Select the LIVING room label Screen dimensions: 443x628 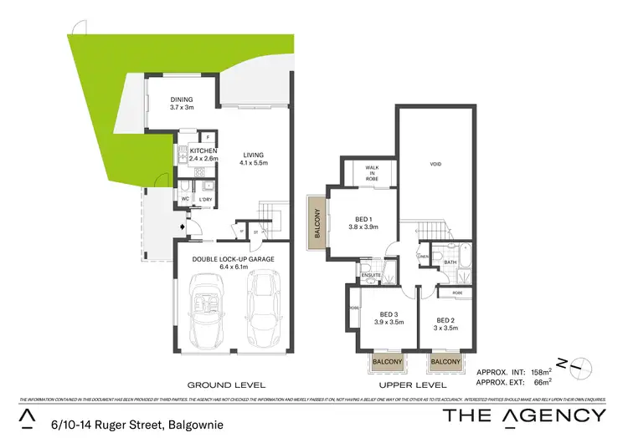pyautogui.click(x=253, y=155)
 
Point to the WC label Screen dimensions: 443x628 pyautogui.click(x=186, y=199)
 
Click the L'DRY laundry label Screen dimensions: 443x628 pyautogui.click(x=205, y=199)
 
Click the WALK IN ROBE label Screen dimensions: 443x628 pyautogui.click(x=372, y=171)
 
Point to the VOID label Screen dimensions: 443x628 pyautogui.click(x=435, y=165)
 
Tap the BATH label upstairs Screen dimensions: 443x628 pyautogui.click(x=449, y=262)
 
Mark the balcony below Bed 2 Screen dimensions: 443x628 pyautogui.click(x=445, y=361)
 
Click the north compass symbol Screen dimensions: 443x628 pyautogui.click(x=581, y=364)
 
